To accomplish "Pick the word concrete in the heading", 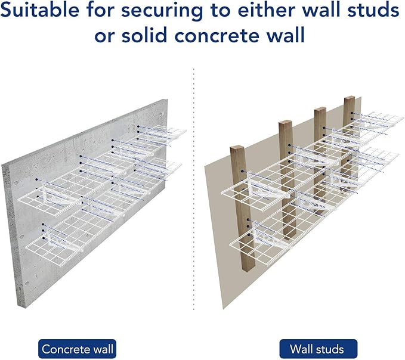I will click(230, 35).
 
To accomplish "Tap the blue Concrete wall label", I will click(77, 348).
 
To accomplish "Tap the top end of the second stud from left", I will click(286, 123).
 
